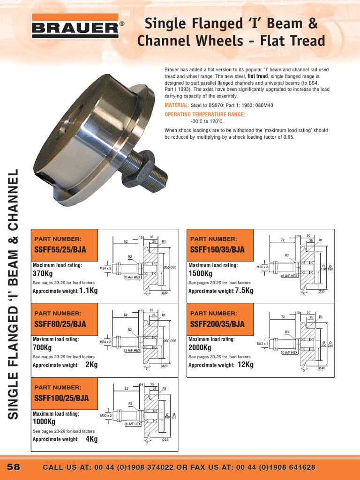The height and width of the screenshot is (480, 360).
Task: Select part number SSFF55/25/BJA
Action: tap(60, 249)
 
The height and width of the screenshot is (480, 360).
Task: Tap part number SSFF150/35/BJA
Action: tap(217, 249)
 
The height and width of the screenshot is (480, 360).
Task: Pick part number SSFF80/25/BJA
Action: tap(60, 323)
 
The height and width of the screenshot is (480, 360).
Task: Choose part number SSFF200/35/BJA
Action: tap(217, 323)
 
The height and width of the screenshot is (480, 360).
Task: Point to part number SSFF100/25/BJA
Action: tap(61, 398)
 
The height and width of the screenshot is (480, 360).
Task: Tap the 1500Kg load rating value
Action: tap(200, 274)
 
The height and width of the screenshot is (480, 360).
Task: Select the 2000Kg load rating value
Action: tap(200, 348)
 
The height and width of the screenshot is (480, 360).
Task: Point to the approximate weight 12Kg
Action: tap(246, 365)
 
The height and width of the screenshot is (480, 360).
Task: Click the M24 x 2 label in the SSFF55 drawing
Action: tap(105, 268)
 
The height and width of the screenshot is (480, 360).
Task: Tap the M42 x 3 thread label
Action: tap(262, 344)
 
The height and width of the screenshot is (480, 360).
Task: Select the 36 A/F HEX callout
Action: tap(132, 424)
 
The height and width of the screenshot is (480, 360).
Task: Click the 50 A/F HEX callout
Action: tap(289, 352)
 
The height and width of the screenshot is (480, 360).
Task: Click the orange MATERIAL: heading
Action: tap(177, 105)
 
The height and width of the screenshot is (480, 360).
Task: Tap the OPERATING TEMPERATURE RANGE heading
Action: tap(205, 114)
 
